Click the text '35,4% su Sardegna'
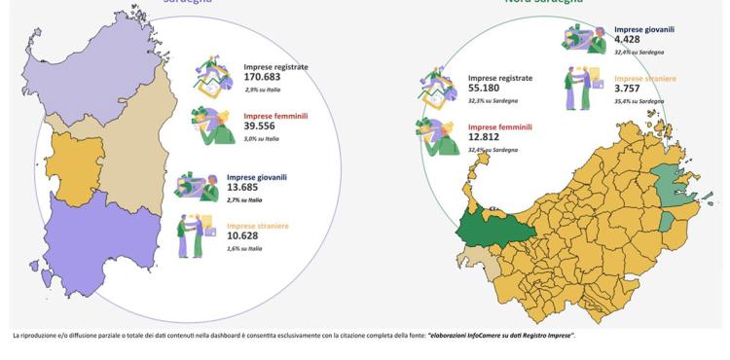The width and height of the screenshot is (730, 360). pos(639,100)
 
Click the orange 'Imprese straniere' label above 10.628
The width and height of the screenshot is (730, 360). pos(258,225)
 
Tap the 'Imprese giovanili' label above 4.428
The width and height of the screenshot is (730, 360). pos(644,29)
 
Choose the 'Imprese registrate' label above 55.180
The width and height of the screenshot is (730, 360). pos(500,77)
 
